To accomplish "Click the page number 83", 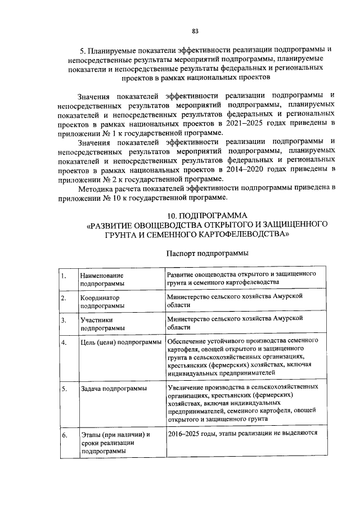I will pos(195,30).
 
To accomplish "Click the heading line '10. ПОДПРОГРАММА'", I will pos(208,215).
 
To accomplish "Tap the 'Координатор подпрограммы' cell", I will pos(102,301).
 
